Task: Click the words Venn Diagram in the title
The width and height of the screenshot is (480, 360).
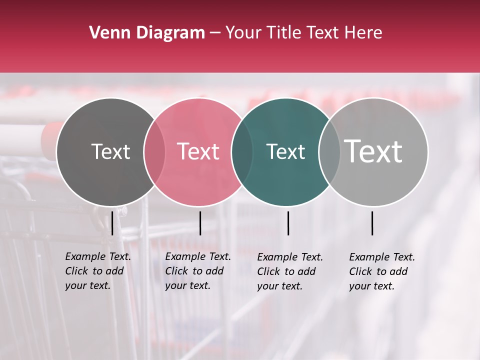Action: click(147, 33)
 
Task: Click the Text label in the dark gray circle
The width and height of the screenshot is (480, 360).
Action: click(110, 151)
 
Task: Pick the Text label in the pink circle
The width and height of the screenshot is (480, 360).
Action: click(198, 151)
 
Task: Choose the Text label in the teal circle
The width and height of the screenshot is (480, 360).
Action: click(285, 151)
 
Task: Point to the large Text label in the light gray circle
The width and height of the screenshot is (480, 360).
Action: click(373, 151)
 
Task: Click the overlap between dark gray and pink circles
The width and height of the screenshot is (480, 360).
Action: click(154, 152)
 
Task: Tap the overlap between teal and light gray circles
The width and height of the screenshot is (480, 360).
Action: click(329, 152)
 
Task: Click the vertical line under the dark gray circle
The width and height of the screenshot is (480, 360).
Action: click(112, 223)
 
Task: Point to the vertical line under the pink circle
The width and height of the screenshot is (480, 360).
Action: click(200, 223)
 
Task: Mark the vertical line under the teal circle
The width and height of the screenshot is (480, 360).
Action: click(288, 223)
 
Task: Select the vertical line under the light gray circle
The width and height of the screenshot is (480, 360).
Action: click(372, 223)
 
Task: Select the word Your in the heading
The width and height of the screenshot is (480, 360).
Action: click(244, 33)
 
